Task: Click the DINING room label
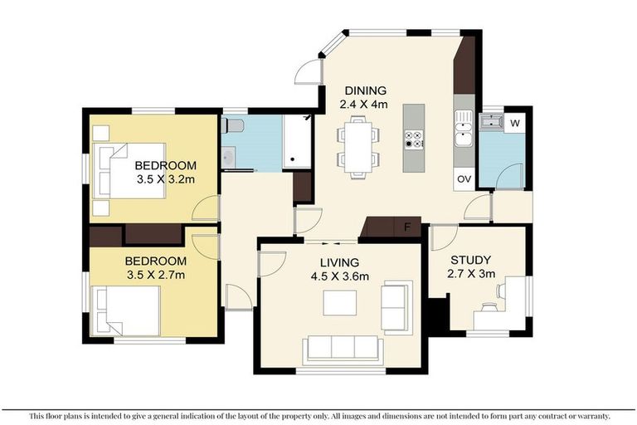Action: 362,90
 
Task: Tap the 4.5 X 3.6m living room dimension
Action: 339,276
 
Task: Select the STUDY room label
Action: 469,259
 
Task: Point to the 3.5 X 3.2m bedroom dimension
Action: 166,178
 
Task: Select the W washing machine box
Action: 515,124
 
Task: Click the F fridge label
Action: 407,227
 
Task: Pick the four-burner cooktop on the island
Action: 413,139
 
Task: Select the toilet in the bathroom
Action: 233,126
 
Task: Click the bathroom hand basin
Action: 229,155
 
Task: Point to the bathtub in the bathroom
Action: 295,142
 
